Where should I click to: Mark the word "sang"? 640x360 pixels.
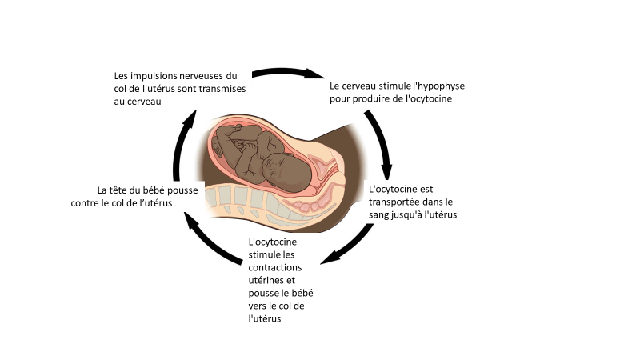(378, 215)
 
